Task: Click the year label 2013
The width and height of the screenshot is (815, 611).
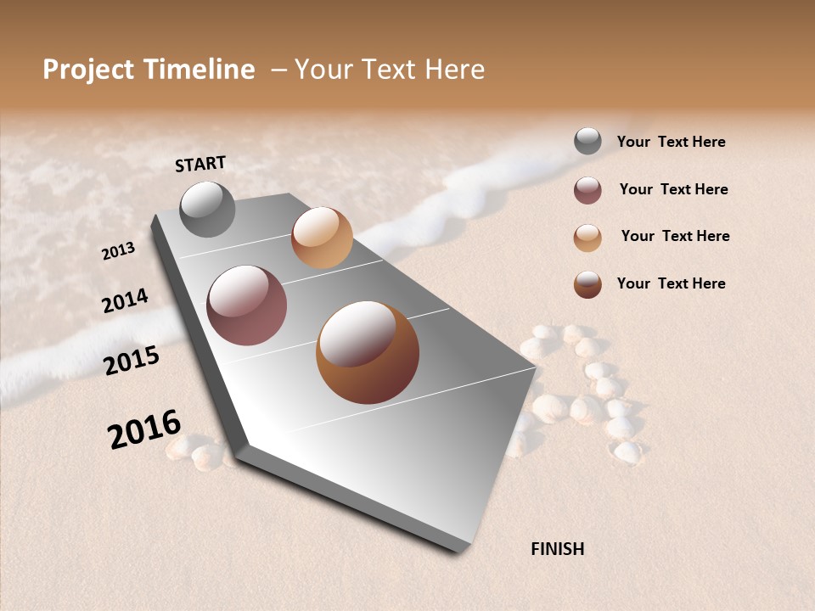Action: [x=118, y=250]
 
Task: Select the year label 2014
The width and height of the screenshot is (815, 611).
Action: [x=125, y=300]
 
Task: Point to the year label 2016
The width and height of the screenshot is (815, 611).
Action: [x=144, y=429]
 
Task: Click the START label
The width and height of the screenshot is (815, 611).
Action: [x=200, y=164]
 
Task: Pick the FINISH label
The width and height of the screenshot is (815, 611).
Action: [x=557, y=549]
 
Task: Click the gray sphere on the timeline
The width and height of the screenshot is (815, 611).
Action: [x=207, y=209]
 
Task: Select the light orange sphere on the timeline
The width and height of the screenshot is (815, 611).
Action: [x=322, y=238]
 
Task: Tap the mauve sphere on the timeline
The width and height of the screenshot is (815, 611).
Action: [x=246, y=305]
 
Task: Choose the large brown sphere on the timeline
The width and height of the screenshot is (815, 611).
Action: [x=368, y=352]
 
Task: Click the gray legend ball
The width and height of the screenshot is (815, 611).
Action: [x=587, y=141]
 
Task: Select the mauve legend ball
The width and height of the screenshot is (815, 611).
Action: [x=587, y=190]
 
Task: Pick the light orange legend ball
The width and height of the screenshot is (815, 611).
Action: [x=587, y=238]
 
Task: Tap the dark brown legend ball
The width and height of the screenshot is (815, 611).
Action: [x=587, y=284]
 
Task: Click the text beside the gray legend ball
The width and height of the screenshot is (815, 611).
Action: [x=671, y=142]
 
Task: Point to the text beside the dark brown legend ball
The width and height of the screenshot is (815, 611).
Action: [x=671, y=283]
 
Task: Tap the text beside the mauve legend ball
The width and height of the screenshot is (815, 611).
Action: [x=673, y=189]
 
